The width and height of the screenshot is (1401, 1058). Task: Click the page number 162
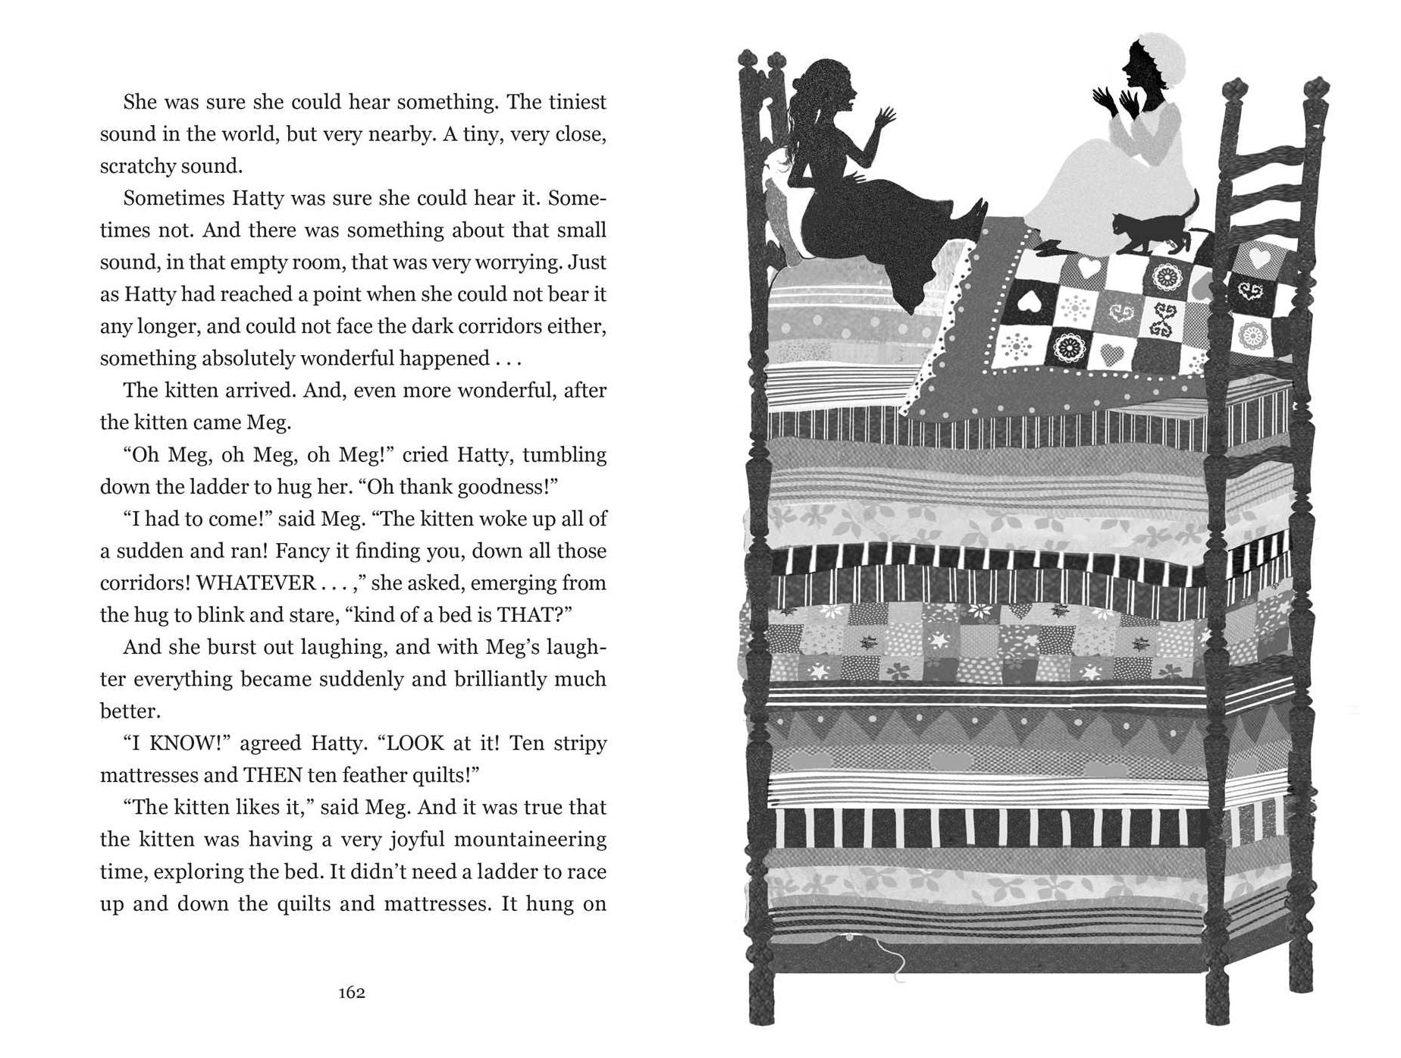(353, 993)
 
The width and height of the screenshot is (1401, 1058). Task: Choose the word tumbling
(565, 454)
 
